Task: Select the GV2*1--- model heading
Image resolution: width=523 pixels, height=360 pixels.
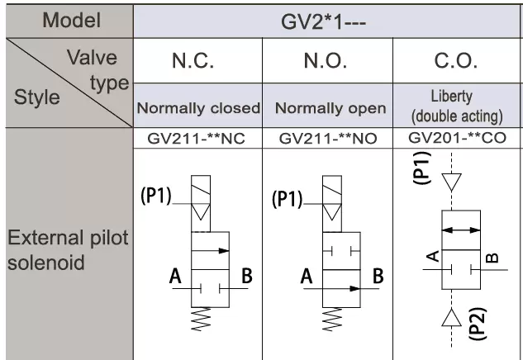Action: click(323, 22)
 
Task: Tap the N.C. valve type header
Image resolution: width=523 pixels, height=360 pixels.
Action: click(193, 60)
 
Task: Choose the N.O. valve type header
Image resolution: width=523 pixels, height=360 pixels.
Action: click(326, 60)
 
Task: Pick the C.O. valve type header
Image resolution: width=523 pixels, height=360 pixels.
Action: click(455, 60)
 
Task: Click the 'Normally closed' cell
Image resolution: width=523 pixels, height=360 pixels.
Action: click(198, 108)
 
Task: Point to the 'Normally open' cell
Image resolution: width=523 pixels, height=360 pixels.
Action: click(330, 108)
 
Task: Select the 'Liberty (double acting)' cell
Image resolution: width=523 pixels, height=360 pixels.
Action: click(457, 107)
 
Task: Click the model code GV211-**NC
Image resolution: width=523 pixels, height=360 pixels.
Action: click(196, 139)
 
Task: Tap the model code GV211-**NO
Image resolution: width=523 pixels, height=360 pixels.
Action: click(328, 139)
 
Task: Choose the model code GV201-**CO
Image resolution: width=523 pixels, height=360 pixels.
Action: click(457, 137)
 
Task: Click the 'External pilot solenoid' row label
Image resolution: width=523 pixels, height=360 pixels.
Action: click(68, 250)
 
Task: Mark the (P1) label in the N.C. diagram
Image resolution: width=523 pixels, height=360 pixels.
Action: click(156, 196)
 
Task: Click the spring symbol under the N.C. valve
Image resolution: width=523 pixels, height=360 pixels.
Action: click(202, 319)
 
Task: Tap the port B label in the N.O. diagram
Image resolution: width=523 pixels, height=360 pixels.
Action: click(378, 276)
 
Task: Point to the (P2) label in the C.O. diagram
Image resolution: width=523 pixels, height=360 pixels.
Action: click(478, 324)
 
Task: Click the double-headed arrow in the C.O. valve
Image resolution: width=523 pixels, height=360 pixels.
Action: click(461, 230)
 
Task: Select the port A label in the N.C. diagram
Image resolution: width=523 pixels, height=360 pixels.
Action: click(175, 276)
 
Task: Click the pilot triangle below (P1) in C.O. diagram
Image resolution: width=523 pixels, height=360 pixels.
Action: click(452, 182)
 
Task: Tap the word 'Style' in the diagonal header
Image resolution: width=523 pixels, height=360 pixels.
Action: click(36, 97)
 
